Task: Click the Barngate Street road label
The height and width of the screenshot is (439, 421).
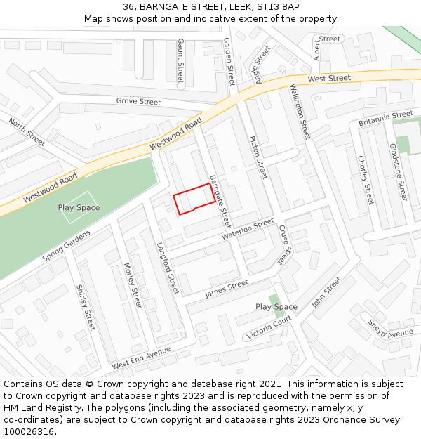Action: pyautogui.click(x=220, y=201)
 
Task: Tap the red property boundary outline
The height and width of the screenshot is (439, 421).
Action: pyautogui.click(x=194, y=199)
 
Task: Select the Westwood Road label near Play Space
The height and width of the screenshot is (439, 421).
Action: pyautogui.click(x=50, y=189)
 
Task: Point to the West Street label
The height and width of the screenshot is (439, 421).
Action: pyautogui.click(x=328, y=78)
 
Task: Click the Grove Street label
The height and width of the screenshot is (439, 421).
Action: pyautogui.click(x=138, y=101)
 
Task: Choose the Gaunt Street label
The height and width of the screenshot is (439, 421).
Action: pyautogui.click(x=180, y=60)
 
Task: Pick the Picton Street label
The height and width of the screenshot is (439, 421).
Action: pyautogui.click(x=258, y=157)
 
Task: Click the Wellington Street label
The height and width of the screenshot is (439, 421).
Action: pyautogui.click(x=300, y=111)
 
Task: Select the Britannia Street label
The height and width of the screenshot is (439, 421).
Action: pyautogui.click(x=385, y=117)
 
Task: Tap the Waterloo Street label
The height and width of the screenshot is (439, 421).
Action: pyautogui.click(x=248, y=229)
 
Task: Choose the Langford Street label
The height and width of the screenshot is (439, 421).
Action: pyautogui.click(x=168, y=268)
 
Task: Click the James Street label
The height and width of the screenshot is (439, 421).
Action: pyautogui.click(x=227, y=289)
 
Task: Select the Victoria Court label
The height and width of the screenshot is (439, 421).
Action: pyautogui.click(x=268, y=327)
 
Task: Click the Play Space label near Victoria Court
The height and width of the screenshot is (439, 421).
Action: pyautogui.click(x=276, y=307)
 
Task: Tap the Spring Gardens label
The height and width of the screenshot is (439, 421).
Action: pyautogui.click(x=66, y=246)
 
